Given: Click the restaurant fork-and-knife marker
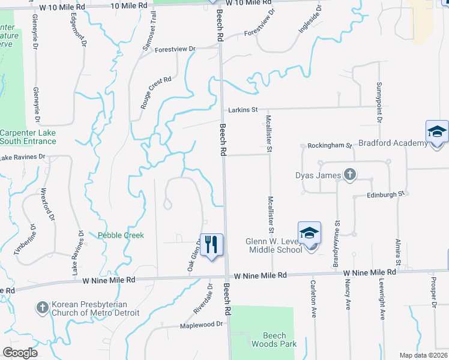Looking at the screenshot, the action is coord(211,245).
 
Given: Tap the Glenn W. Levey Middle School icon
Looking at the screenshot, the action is coord(310,233).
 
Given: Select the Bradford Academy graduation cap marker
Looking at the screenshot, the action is coord(437,132).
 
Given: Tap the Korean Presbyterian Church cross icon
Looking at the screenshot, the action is coord(42,308).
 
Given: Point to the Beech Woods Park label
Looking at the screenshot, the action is coord(279,340).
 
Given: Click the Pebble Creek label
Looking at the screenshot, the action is coord(121,235).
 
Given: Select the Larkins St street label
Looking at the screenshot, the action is coord(243,110).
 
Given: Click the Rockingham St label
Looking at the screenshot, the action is coord(329,146).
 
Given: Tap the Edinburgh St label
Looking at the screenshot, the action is coord(387,196).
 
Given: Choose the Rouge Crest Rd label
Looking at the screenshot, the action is coord(156,92).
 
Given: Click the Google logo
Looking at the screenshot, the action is coord(20,353).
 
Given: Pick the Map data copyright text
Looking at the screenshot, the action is coord(424,355).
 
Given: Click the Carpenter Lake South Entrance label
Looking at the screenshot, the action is coord(28,137).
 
